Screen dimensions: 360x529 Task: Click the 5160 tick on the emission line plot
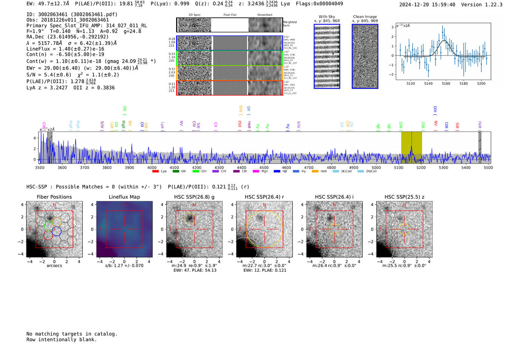coord(446,83)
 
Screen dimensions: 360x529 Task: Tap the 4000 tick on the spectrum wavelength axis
coord(152,167)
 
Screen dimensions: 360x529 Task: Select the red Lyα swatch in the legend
coord(155,172)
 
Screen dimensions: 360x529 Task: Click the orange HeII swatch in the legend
coord(315,172)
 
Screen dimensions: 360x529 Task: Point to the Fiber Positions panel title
coord(54,197)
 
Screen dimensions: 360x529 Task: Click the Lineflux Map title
coord(124,197)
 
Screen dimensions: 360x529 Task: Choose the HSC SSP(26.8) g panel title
coord(194,197)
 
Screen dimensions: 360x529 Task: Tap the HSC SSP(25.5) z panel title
coord(404,197)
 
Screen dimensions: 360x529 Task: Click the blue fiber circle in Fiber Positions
coord(57,232)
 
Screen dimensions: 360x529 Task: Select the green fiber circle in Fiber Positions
coord(49,226)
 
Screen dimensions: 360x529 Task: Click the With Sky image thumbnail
coord(327,56)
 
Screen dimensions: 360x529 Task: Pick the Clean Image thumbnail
coord(365,56)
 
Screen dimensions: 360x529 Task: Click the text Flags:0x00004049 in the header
coord(319,4)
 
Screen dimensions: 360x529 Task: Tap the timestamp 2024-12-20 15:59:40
coord(427,5)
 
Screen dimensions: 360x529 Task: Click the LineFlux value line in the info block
coord(65,49)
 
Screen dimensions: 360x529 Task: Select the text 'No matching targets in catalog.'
coord(72,334)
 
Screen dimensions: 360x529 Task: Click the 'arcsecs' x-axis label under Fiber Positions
coord(54,266)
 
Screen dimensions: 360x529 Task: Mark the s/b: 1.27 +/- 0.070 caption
coord(124,266)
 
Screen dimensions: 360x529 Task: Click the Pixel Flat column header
coord(230,15)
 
